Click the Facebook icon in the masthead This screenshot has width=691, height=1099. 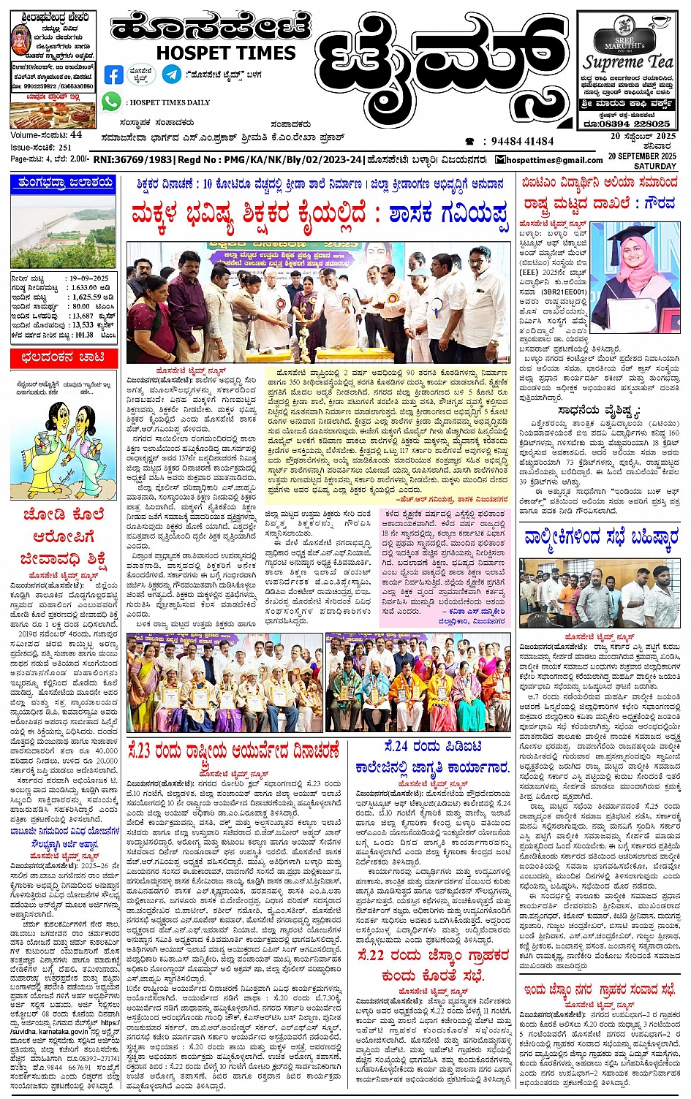pos(113,75)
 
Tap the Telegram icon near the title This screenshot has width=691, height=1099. pos(172,74)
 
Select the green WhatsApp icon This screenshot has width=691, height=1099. pos(111,102)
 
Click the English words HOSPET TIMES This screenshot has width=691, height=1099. pos(225,53)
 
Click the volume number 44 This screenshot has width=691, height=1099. pos(76,135)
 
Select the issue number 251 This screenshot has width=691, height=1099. pos(66,147)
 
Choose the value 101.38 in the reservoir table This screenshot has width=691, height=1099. pos(83,335)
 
